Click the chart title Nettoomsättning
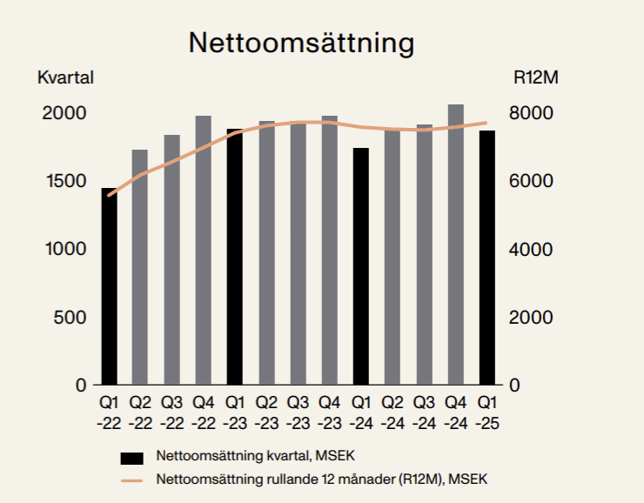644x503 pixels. (x=302, y=43)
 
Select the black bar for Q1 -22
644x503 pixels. (x=108, y=287)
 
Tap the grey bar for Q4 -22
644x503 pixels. (x=203, y=252)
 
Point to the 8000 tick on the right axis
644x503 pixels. (x=530, y=113)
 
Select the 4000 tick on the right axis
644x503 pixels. (x=530, y=250)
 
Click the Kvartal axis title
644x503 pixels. (x=65, y=77)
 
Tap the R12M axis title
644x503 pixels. (x=534, y=77)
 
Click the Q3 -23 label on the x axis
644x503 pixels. (x=299, y=413)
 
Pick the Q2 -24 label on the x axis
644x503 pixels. (x=392, y=413)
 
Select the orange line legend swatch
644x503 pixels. (x=131, y=480)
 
